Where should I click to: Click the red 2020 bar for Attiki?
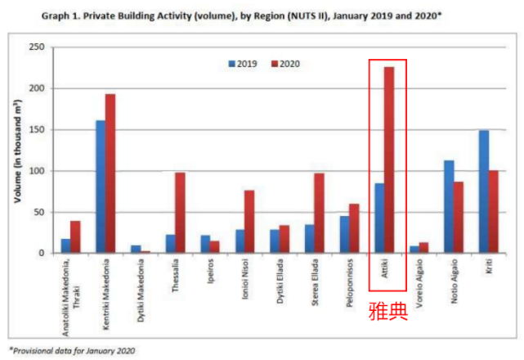pyautogui.click(x=389, y=160)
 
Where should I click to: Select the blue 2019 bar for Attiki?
pyautogui.click(x=380, y=218)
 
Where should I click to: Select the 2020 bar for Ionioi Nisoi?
pyautogui.click(x=250, y=222)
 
